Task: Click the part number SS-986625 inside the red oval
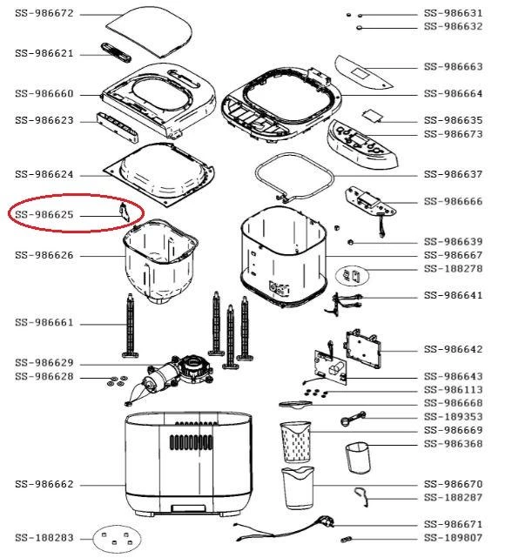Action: click(44, 215)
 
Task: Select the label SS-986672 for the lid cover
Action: click(44, 14)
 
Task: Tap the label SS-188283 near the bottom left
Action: click(44, 538)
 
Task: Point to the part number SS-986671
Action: click(453, 524)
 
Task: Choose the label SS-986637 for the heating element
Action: click(453, 174)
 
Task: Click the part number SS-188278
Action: click(453, 269)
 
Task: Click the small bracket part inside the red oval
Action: click(124, 212)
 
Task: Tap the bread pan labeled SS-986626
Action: click(160, 261)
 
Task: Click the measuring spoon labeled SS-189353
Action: click(353, 418)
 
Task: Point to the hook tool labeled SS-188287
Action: click(361, 496)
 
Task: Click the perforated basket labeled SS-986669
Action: click(295, 442)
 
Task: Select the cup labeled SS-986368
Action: click(358, 458)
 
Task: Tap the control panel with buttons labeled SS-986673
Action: click(362, 145)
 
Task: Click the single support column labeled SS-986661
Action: click(131, 326)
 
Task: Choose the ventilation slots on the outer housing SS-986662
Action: click(191, 442)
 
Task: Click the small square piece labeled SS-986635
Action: click(373, 116)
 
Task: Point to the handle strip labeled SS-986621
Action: click(116, 52)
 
